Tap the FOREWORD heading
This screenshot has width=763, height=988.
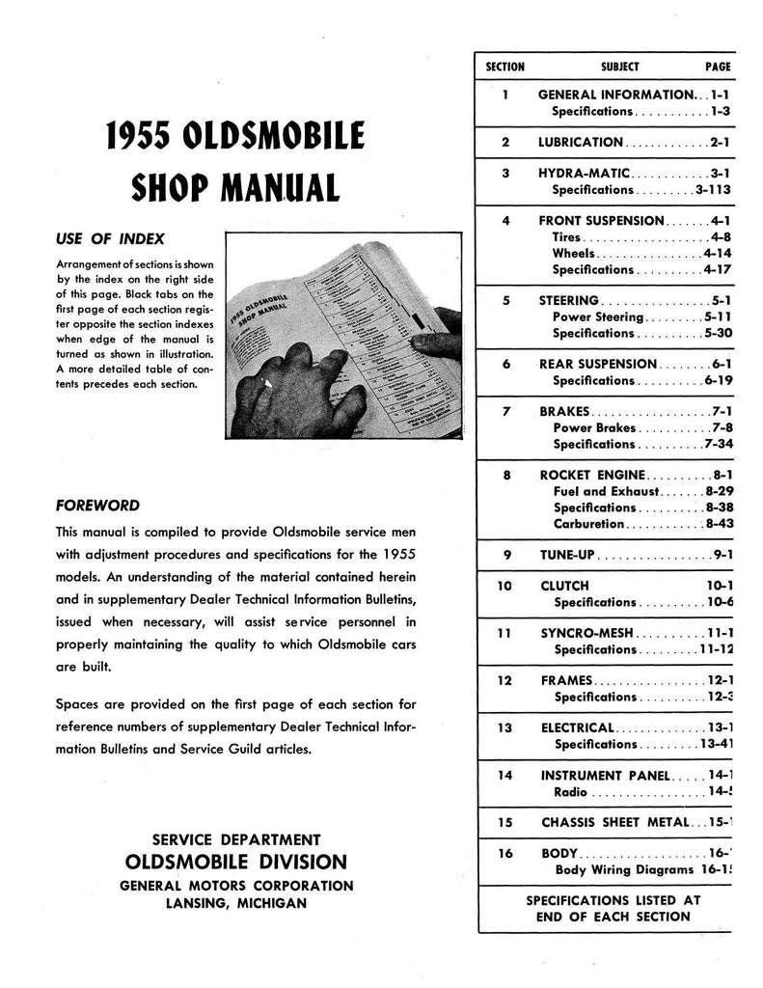pyautogui.click(x=97, y=505)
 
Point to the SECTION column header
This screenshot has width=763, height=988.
pyautogui.click(x=505, y=68)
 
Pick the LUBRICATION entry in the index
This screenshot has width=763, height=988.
pyautogui.click(x=581, y=143)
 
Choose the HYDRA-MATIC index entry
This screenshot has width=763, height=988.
pyautogui.click(x=584, y=174)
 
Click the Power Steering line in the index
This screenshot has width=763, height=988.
pyautogui.click(x=597, y=316)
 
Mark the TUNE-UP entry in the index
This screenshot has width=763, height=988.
pyautogui.click(x=567, y=555)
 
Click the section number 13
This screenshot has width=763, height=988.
pyautogui.click(x=505, y=728)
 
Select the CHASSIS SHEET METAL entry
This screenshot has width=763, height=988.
pyautogui.click(x=615, y=823)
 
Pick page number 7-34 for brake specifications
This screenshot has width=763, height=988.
pyautogui.click(x=719, y=444)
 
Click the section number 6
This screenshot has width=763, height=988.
pyautogui.click(x=505, y=364)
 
